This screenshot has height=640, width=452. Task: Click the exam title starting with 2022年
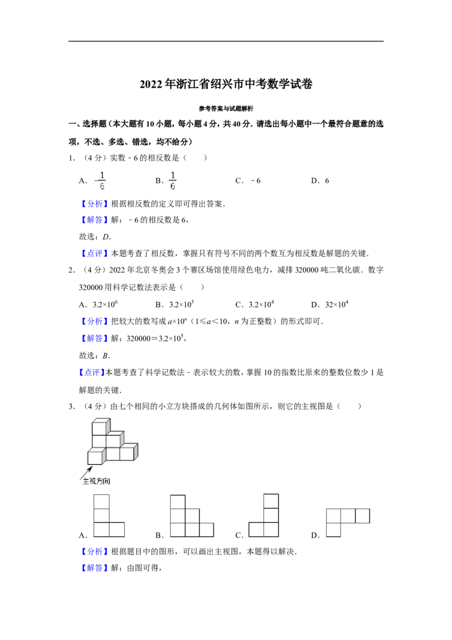[x=226, y=84]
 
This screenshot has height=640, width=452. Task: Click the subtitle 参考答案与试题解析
[x=226, y=109]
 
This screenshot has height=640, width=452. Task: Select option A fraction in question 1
[x=101, y=181]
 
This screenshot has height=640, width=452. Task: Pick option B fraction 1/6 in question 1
[x=172, y=181]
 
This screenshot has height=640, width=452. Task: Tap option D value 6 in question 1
[x=327, y=181]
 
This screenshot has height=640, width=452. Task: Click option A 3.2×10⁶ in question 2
[x=105, y=305]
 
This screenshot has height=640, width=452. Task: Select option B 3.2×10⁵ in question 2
[x=181, y=305]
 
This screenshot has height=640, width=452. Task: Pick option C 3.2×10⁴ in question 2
[x=262, y=305]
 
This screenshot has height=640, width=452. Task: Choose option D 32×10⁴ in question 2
[x=337, y=305]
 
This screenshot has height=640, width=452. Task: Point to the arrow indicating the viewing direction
[x=86, y=472]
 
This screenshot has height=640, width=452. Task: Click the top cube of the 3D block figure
[x=101, y=427]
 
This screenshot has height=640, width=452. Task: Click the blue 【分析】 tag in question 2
[x=95, y=322]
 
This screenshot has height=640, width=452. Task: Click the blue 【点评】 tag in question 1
[x=95, y=253]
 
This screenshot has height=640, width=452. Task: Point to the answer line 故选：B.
[x=95, y=356]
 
